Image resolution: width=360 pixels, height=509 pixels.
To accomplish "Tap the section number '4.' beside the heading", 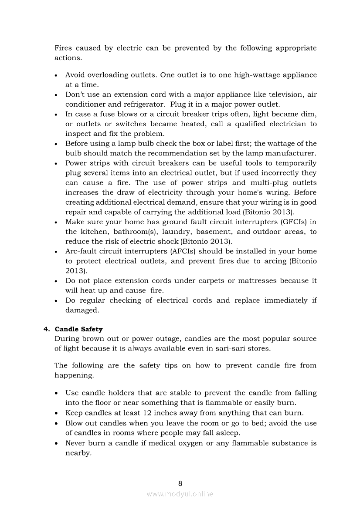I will [x=47, y=329].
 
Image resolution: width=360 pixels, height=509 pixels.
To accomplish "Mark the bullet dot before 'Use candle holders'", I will [x=58, y=393].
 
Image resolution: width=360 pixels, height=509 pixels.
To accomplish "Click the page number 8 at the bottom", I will [x=180, y=483].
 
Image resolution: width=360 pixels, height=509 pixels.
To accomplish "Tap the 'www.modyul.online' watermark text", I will [x=180, y=494].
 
